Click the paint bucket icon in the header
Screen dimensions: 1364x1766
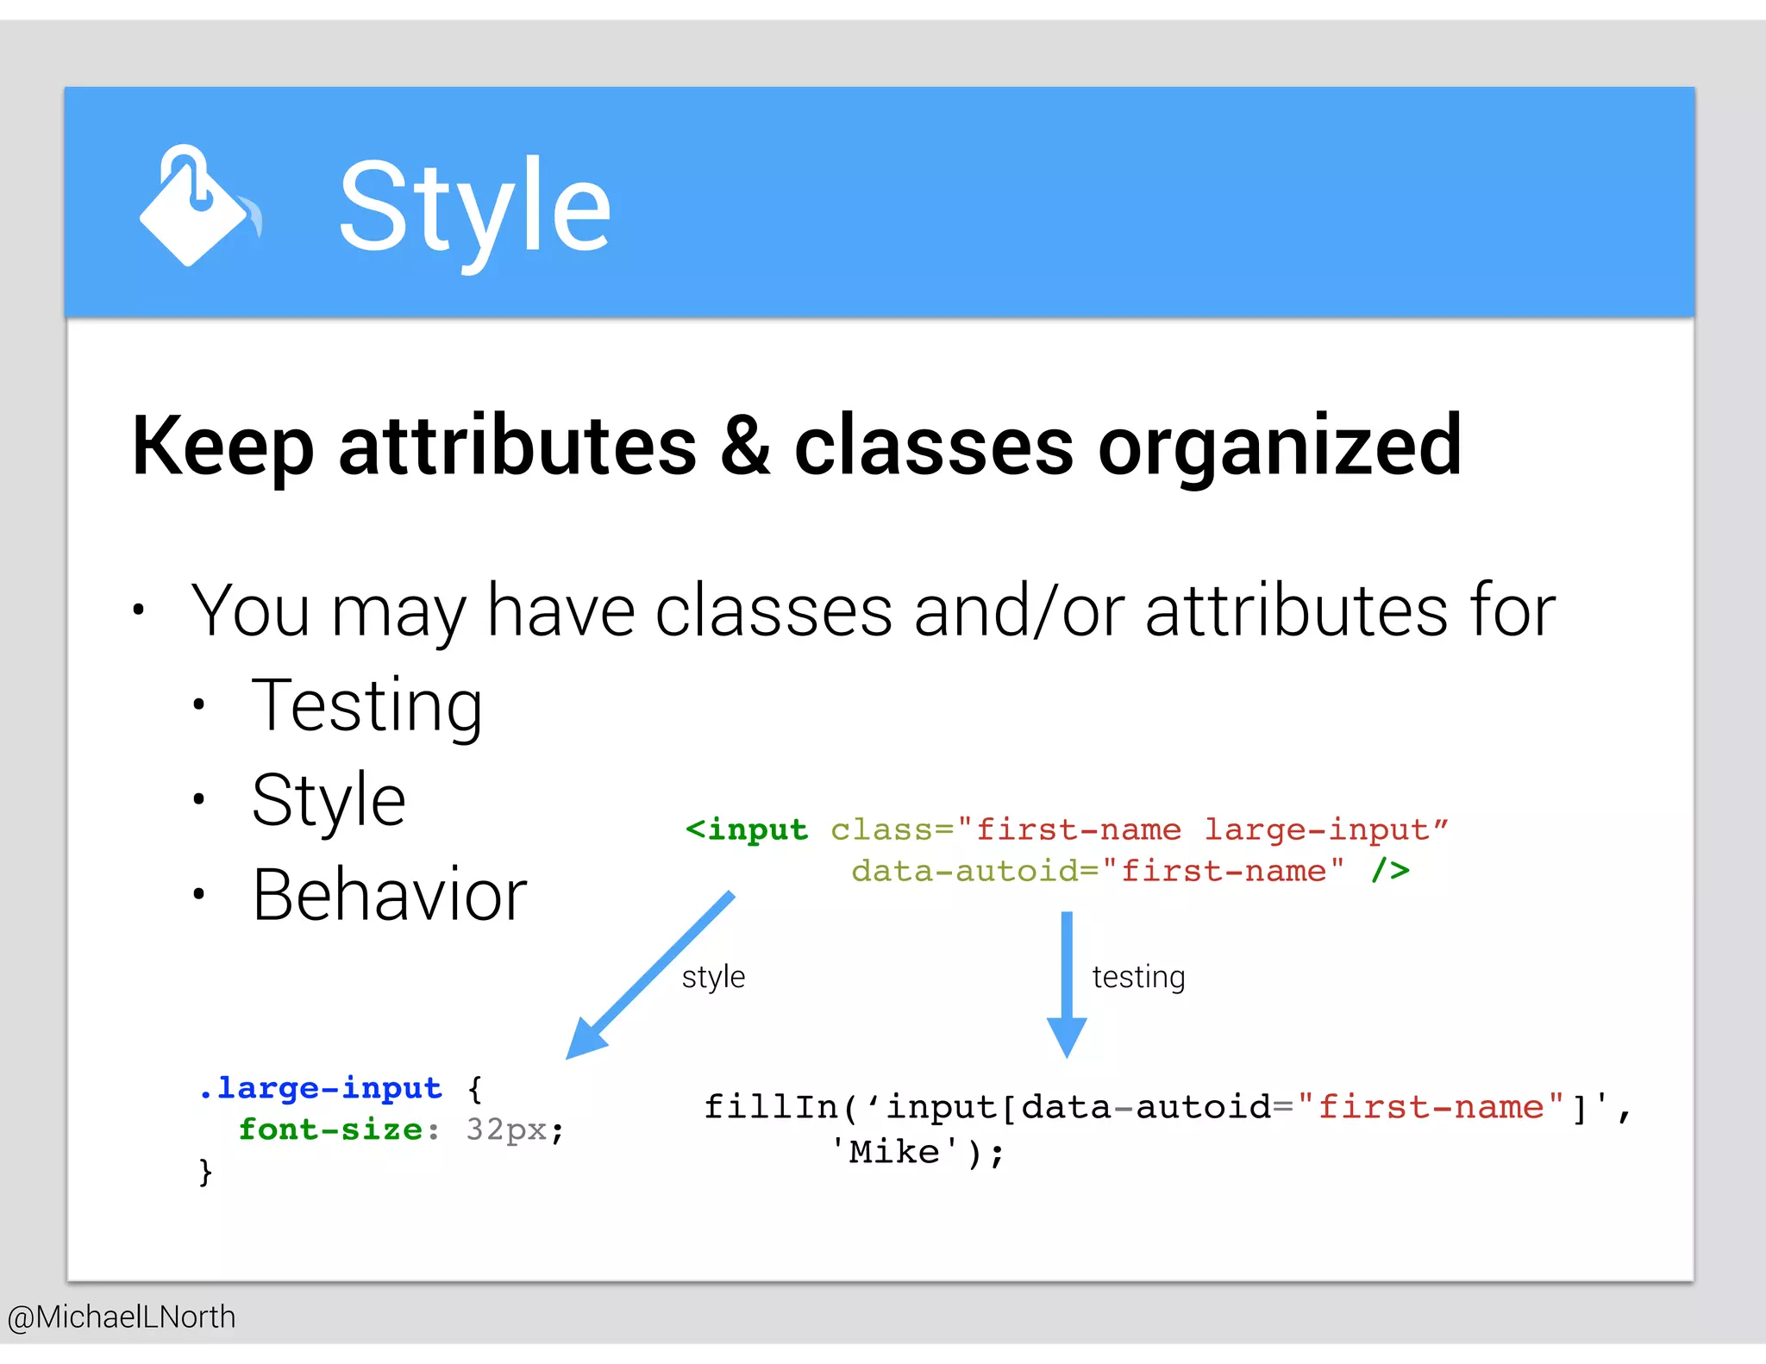(197, 206)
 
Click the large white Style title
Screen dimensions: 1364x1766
(474, 208)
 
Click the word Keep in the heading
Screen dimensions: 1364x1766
(222, 447)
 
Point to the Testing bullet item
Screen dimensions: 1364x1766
(366, 706)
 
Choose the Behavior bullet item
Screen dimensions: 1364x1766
(389, 895)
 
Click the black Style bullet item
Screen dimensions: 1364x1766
(329, 801)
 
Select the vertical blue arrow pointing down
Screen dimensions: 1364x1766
(1067, 983)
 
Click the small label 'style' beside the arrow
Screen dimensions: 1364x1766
(713, 977)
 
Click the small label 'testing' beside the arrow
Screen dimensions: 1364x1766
(1138, 977)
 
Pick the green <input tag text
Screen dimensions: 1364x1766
(747, 829)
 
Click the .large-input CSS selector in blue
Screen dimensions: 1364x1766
(320, 1088)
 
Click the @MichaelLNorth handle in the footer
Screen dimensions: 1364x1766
(122, 1317)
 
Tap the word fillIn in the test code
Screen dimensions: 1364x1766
(770, 1107)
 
